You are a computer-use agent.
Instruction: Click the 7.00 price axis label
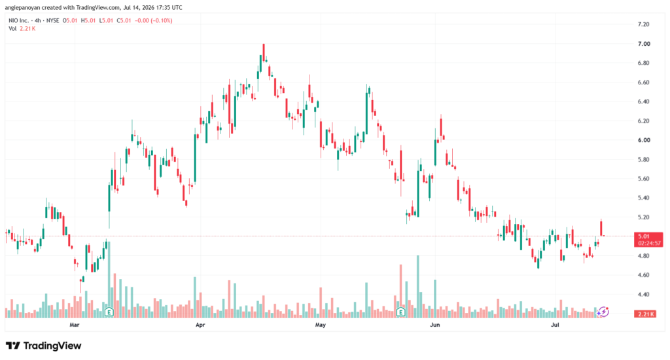click(644, 44)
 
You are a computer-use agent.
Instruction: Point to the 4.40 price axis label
click(644, 294)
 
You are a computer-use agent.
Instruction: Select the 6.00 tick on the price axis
click(644, 140)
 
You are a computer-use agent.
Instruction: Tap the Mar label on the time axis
click(75, 325)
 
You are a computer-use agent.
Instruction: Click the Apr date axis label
click(200, 325)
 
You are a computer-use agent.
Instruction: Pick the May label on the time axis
click(321, 325)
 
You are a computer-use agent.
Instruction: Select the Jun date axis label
click(434, 325)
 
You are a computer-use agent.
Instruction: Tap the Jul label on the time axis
click(555, 325)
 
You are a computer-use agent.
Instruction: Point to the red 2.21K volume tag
click(646, 314)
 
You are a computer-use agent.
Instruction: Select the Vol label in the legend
click(12, 29)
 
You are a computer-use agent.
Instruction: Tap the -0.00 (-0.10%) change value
click(153, 20)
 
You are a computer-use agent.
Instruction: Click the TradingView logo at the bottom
click(43, 346)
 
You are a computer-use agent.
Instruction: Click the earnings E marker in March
click(109, 312)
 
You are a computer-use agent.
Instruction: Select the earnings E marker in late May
click(400, 312)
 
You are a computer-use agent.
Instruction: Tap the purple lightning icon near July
click(603, 312)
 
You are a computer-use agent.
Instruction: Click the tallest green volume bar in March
click(109, 279)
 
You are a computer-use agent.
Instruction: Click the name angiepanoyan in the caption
click(22, 8)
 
